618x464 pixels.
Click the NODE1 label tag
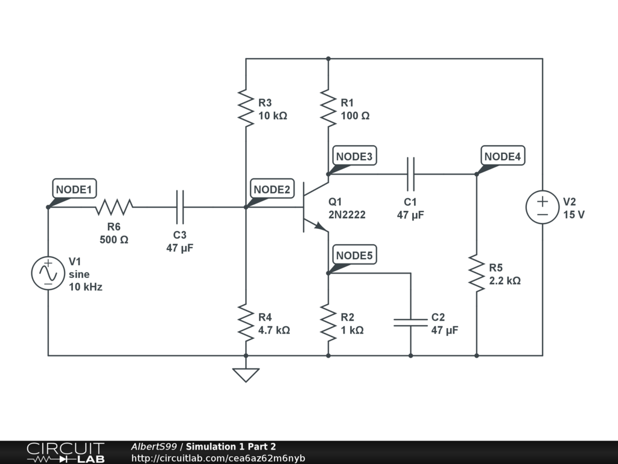(74, 189)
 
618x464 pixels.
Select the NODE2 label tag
(272, 189)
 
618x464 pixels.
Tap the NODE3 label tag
(354, 156)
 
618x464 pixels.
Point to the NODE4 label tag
(503, 156)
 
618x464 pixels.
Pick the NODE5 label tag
(354, 256)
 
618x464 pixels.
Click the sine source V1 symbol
(48, 273)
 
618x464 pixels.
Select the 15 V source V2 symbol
(543, 207)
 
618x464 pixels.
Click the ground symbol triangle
(246, 375)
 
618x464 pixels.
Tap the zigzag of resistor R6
(114, 207)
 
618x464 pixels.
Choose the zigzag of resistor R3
(246, 108)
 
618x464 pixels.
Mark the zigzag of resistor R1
(328, 108)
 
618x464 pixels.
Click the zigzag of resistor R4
(246, 323)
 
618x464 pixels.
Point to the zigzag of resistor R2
(328, 323)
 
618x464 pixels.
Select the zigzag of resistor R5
(477, 273)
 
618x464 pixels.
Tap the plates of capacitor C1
(410, 174)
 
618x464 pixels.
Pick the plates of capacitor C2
(410, 323)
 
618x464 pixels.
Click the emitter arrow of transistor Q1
(321, 226)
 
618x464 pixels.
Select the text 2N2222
(347, 214)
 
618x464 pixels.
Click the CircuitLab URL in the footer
(218, 458)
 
